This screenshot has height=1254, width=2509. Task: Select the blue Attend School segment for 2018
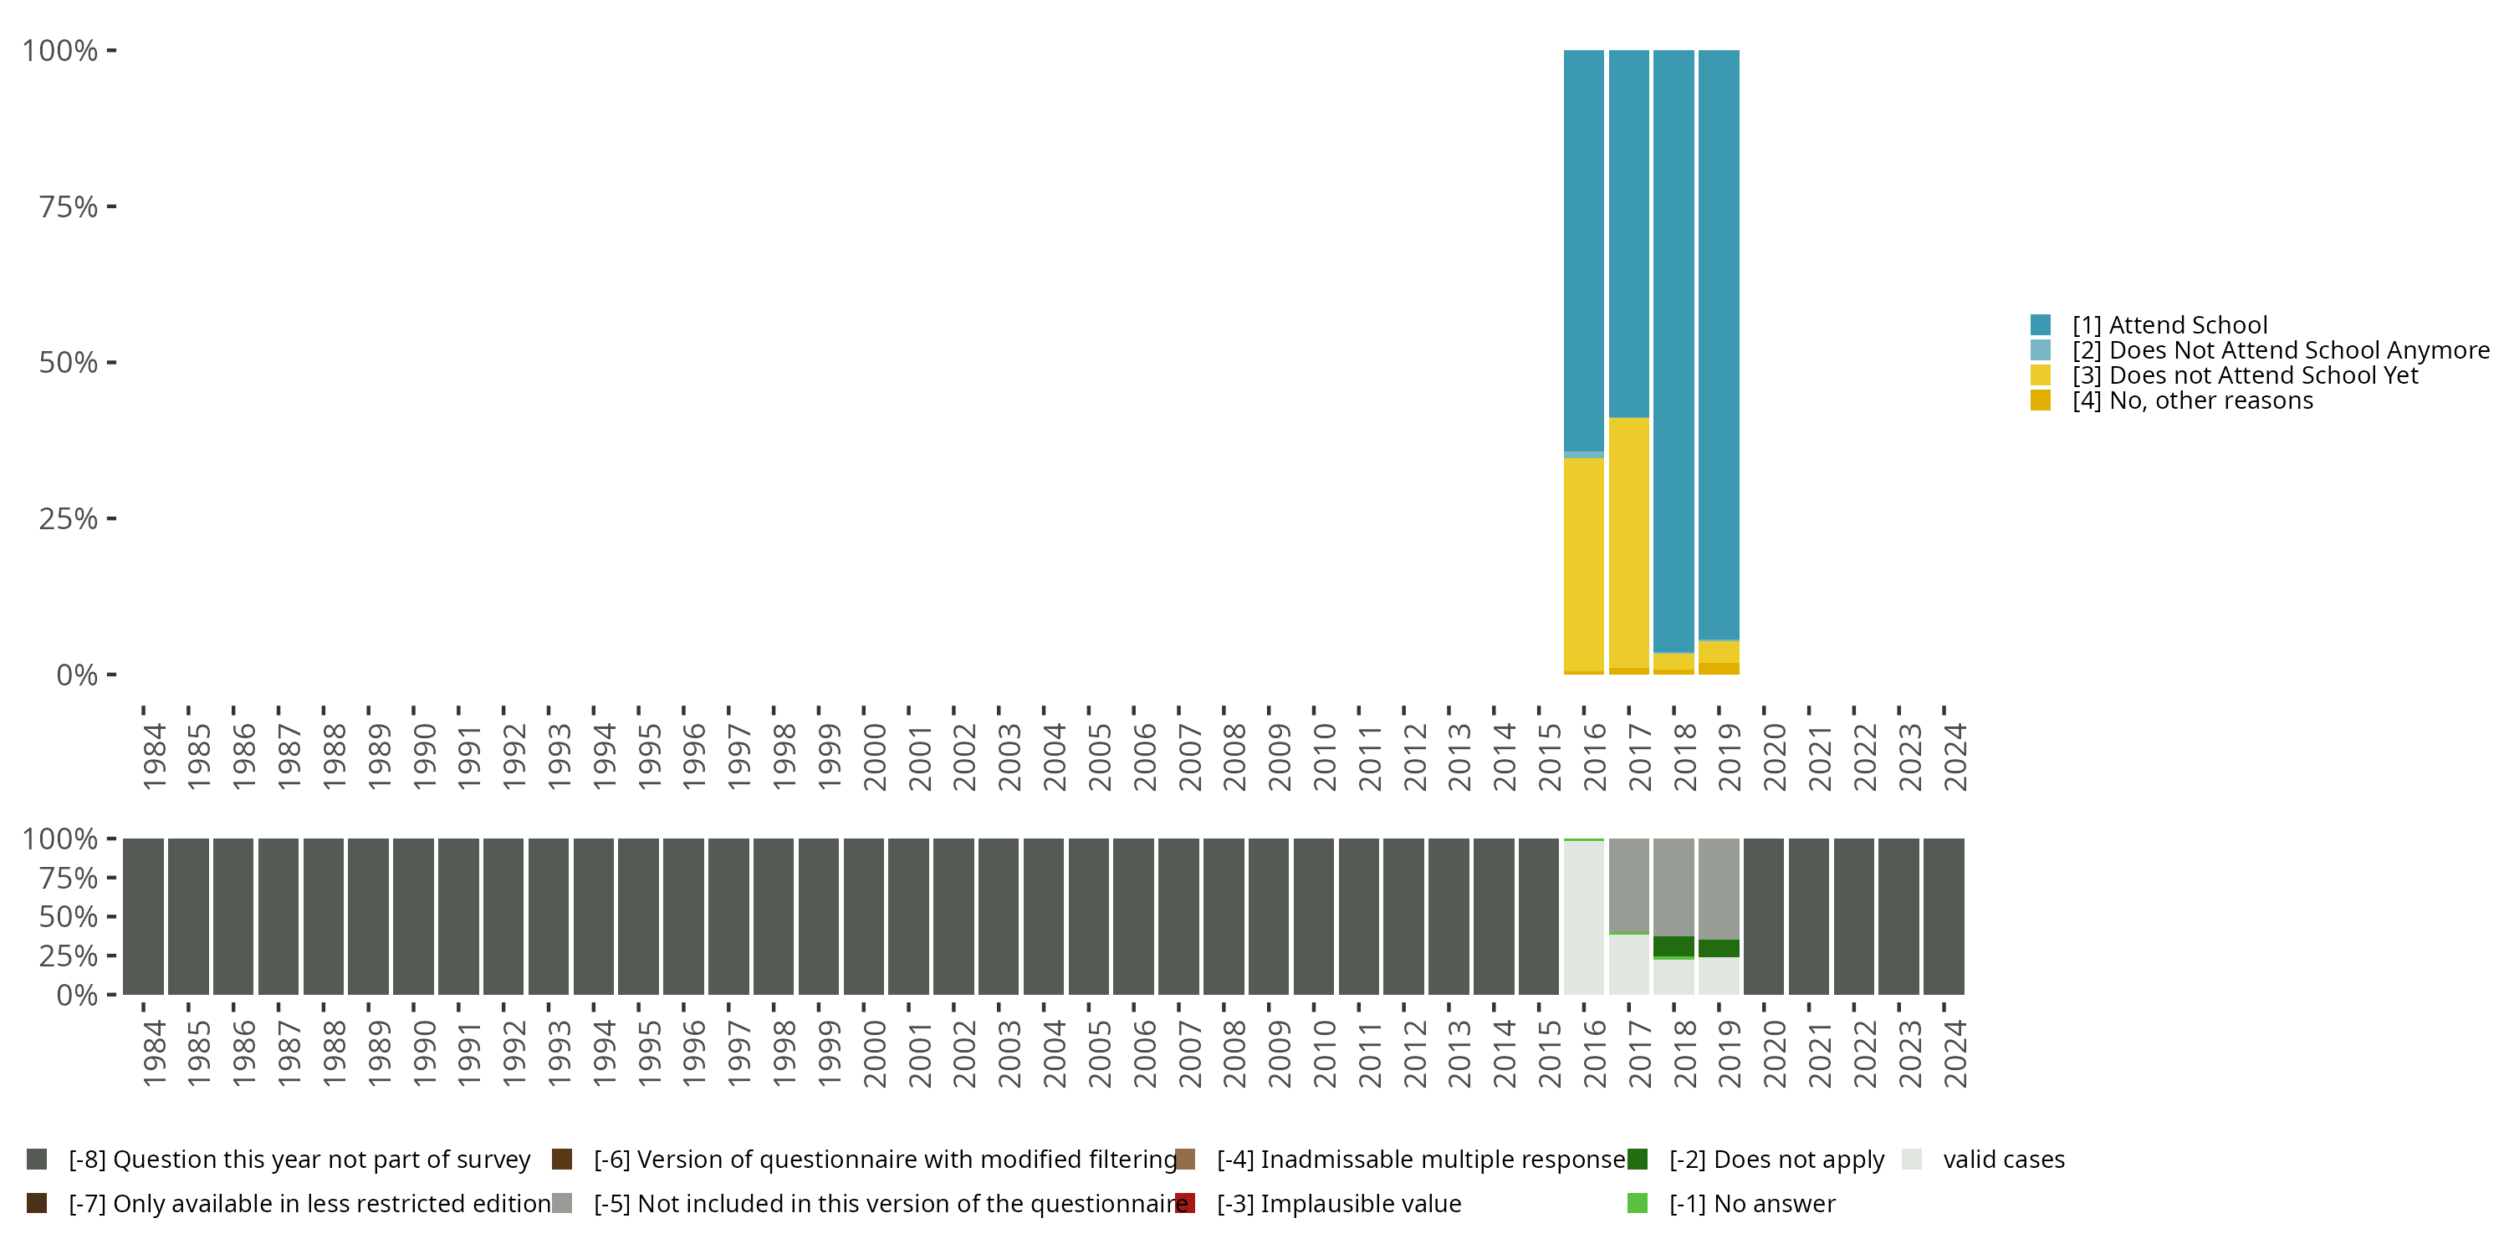click(x=1674, y=350)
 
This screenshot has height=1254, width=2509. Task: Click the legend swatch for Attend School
click(x=2041, y=325)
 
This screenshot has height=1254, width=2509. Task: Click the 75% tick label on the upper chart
click(x=69, y=206)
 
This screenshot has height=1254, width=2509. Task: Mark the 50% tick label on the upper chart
click(x=69, y=363)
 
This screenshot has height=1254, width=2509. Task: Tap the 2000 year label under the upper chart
click(x=875, y=757)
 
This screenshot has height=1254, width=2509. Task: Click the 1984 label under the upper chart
click(x=154, y=757)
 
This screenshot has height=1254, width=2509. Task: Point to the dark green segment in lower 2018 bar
click(x=1674, y=946)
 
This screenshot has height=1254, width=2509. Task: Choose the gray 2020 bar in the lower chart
click(x=1763, y=916)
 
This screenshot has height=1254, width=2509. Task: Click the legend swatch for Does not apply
click(x=1638, y=1160)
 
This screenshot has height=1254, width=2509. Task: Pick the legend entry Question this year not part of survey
click(x=299, y=1160)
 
